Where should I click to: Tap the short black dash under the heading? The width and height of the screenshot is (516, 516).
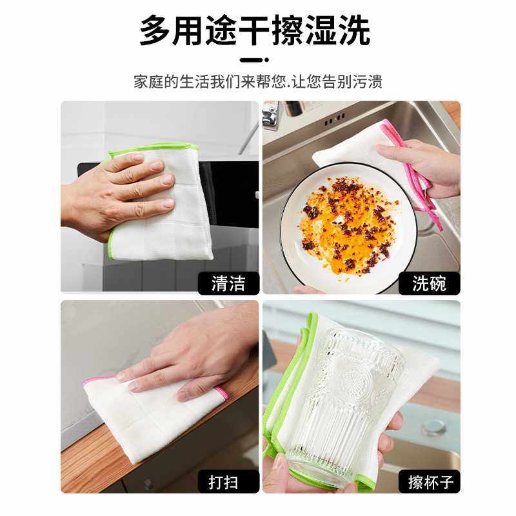point(254,61)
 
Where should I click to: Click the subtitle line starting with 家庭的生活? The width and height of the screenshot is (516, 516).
point(258,83)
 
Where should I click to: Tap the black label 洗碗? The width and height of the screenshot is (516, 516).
point(428,283)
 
